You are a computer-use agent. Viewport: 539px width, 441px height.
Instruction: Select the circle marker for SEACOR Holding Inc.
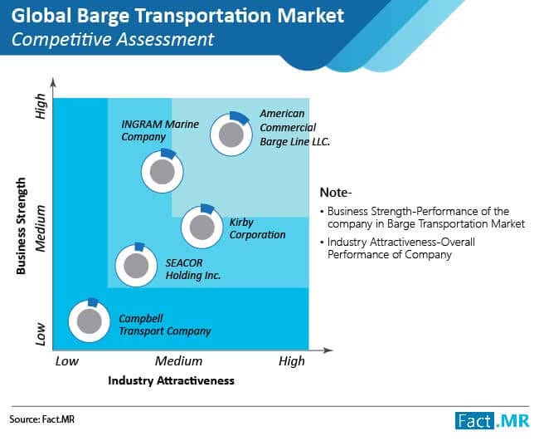136,264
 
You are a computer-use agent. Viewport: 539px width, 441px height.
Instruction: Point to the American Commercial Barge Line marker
230,133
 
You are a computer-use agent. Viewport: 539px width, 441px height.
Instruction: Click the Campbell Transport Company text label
164,324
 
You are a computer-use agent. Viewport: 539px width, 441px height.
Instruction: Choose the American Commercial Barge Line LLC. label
294,127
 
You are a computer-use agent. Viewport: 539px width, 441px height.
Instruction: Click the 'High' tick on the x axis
291,361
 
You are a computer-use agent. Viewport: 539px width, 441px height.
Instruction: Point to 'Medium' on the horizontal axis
178,361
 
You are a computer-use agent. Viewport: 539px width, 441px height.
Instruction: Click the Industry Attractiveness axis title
171,380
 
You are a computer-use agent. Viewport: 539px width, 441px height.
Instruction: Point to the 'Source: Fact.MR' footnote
36,420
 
